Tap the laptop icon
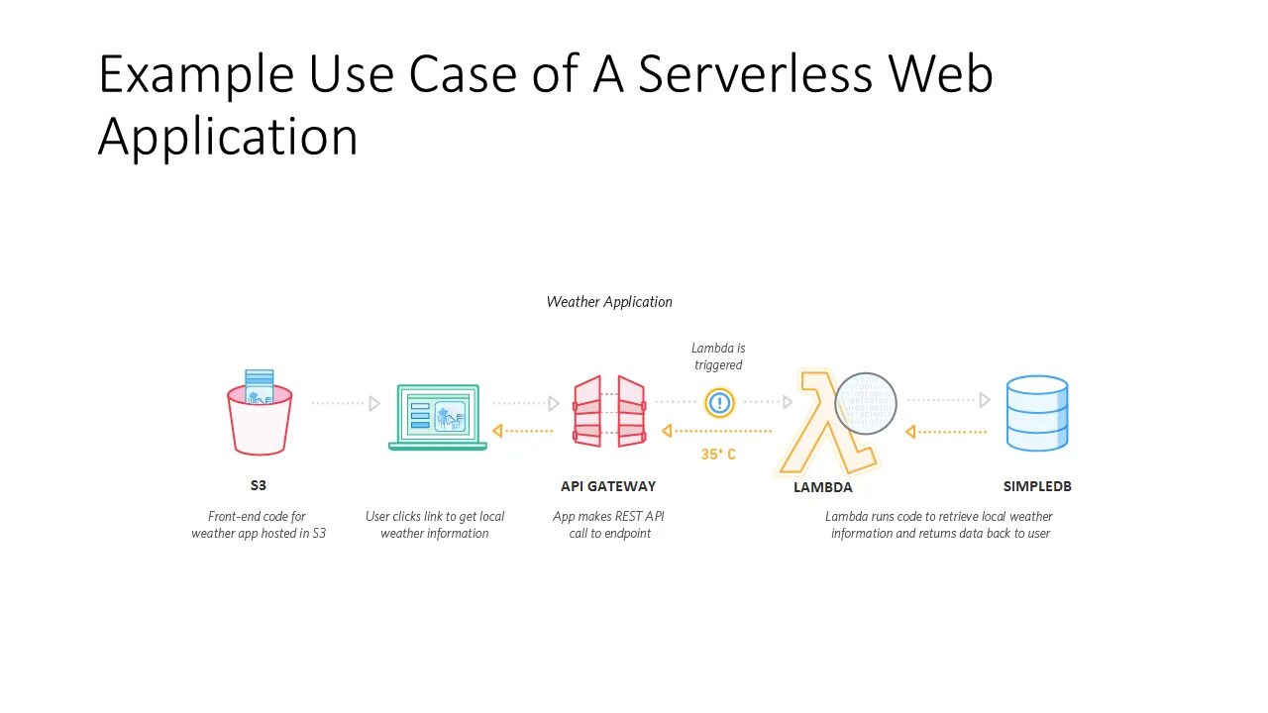click(437, 417)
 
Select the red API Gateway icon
click(608, 411)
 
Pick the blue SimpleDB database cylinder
click(1036, 413)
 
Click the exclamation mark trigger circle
click(719, 402)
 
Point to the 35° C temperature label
click(718, 455)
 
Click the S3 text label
click(259, 486)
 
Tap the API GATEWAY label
click(608, 486)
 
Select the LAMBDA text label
click(822, 487)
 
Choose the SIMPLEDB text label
click(1036, 486)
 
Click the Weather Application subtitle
click(609, 302)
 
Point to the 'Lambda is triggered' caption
click(718, 356)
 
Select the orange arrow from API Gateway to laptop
click(523, 431)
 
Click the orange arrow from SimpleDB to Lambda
click(946, 432)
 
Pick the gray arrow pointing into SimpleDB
click(949, 400)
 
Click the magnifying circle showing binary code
click(866, 403)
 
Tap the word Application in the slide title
click(228, 136)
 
